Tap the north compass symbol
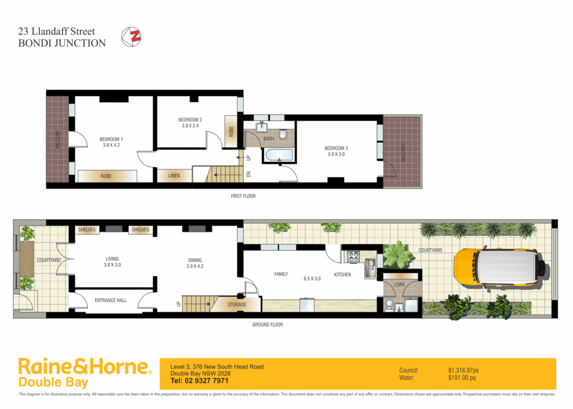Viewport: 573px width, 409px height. pyautogui.click(x=133, y=36)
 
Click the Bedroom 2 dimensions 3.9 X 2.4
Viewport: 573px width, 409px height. pyautogui.click(x=190, y=126)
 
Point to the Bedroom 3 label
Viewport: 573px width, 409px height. pyautogui.click(x=336, y=148)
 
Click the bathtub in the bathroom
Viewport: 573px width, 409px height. pyautogui.click(x=278, y=154)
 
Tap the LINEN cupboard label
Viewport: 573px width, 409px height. pyautogui.click(x=174, y=176)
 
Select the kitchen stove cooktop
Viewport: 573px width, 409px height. pyautogui.click(x=353, y=257)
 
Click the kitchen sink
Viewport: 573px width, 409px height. pyautogui.click(x=369, y=268)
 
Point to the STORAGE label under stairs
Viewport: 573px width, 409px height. pyautogui.click(x=237, y=305)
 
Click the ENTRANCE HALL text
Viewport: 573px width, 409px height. pyautogui.click(x=110, y=300)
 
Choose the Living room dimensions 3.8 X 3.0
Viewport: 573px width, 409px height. pyautogui.click(x=112, y=266)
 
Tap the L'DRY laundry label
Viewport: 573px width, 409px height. pyautogui.click(x=400, y=285)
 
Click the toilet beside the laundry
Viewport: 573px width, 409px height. pyautogui.click(x=389, y=305)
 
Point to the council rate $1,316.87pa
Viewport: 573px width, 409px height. pyautogui.click(x=463, y=370)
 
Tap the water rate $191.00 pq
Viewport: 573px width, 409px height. pyautogui.click(x=462, y=378)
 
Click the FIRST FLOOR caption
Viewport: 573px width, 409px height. pyautogui.click(x=243, y=196)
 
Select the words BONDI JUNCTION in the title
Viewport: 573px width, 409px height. pyautogui.click(x=62, y=43)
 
